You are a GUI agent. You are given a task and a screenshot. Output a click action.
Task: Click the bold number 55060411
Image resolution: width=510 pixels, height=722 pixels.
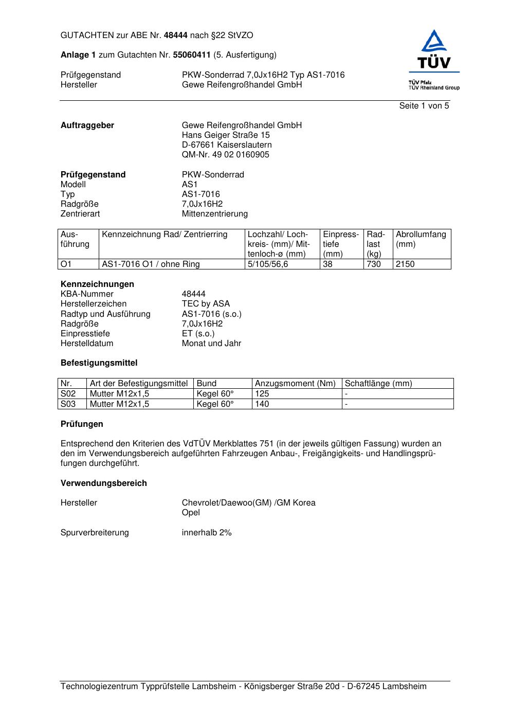point(192,55)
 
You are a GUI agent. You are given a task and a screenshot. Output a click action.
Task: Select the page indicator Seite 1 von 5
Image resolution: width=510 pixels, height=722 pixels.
point(424,106)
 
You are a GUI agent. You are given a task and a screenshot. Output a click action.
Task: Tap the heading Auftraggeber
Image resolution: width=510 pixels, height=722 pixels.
point(87,125)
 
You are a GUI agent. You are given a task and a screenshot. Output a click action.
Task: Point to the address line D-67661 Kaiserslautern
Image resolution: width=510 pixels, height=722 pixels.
point(227,145)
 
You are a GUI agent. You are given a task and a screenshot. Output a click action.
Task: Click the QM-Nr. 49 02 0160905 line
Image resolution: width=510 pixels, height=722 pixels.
point(225,155)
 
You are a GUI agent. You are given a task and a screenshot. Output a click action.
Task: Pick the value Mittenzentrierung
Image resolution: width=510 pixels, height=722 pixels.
point(214,214)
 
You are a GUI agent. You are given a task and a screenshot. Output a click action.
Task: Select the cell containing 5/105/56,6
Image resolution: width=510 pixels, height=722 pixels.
point(268,264)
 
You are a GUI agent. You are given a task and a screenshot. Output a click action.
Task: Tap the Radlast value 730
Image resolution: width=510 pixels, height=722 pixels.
point(374,264)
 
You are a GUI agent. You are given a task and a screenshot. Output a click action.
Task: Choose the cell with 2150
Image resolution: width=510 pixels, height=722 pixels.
point(405,264)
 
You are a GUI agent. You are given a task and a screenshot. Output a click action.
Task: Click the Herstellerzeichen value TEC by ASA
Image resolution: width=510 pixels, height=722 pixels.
point(206,304)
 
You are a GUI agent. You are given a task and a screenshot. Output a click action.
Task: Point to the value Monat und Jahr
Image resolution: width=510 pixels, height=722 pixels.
point(211,344)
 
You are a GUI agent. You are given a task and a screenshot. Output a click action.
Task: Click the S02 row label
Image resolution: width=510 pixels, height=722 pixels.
point(68,394)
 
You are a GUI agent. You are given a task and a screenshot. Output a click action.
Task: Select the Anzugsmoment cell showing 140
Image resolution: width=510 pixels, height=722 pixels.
point(262,404)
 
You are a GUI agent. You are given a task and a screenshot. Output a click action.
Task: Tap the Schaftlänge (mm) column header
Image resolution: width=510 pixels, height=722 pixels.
point(378,384)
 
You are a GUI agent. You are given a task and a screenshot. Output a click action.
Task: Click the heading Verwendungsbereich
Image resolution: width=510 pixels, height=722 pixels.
point(104,483)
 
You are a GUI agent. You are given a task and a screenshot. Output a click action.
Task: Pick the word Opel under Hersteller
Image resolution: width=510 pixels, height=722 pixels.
point(191,513)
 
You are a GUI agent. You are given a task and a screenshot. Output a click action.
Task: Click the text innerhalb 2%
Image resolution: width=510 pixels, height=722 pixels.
point(207,533)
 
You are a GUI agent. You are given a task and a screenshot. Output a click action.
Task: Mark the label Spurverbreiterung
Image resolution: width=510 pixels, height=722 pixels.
point(95,533)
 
